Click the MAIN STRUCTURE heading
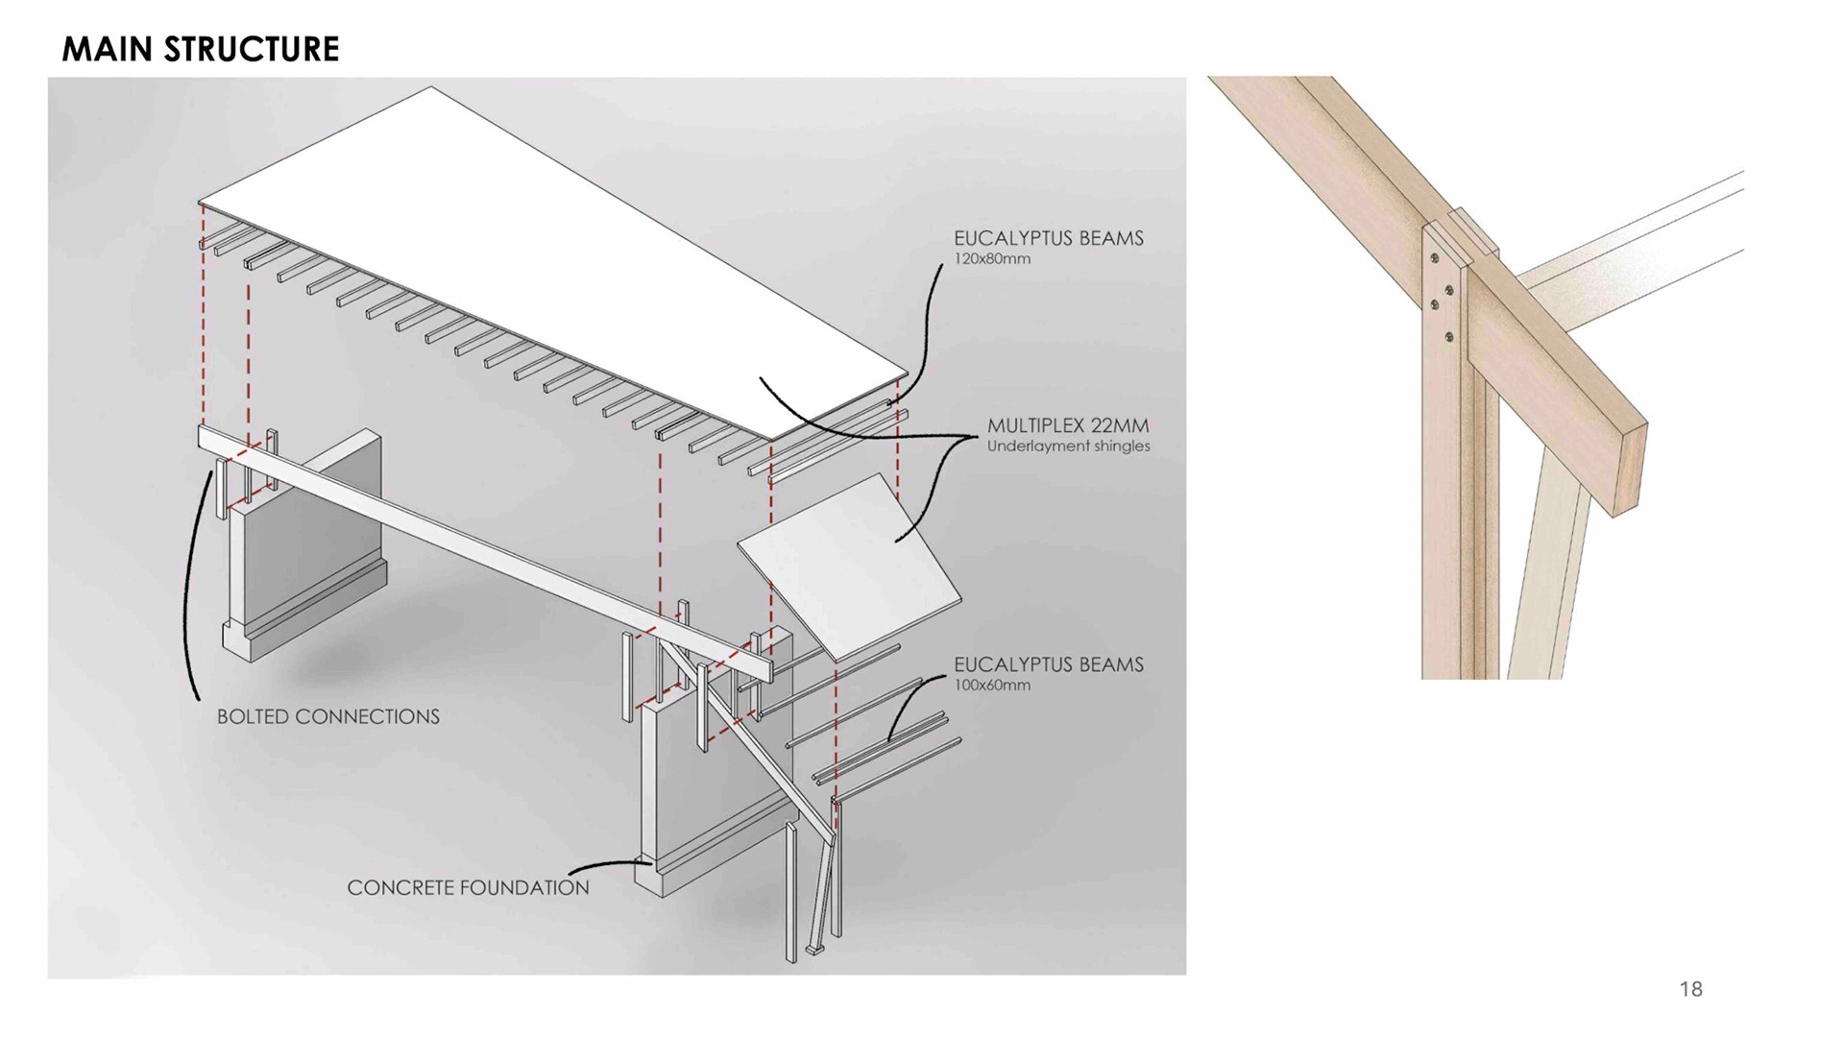[200, 49]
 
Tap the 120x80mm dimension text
[991, 259]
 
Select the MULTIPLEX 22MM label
[1067, 425]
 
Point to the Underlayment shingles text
[1068, 446]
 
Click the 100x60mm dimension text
[991, 686]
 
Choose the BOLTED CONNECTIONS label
[328, 717]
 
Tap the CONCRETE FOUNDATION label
[468, 888]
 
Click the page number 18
[1690, 989]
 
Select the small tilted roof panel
[850, 567]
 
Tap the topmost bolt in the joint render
[1435, 257]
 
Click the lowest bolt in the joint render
[1449, 337]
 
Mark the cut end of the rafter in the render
[1630, 470]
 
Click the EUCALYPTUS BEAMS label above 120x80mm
[1048, 238]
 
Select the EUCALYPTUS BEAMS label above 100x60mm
[1048, 664]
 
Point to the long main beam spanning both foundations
[480, 543]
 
